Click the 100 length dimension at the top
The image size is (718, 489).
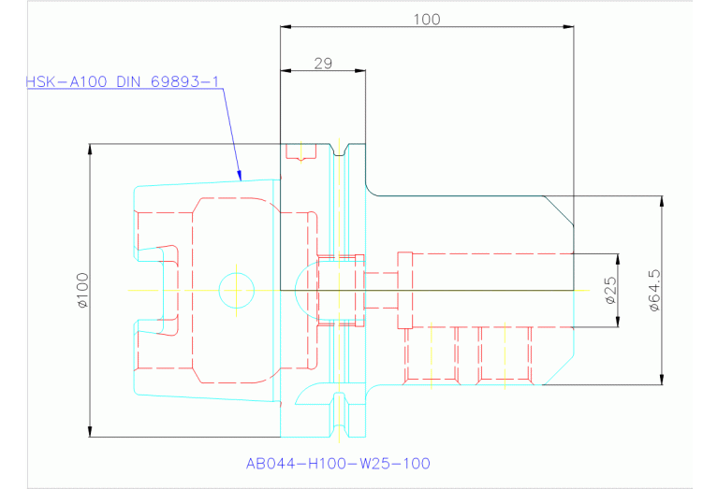click(426, 18)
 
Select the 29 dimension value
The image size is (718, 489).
click(323, 64)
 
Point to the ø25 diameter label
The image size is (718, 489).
click(608, 292)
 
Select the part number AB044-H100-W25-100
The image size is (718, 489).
click(338, 463)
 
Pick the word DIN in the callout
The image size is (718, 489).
click(130, 82)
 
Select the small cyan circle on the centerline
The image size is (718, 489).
click(237, 290)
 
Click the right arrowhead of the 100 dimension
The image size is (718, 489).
click(569, 27)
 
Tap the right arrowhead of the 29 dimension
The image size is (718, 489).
click(360, 72)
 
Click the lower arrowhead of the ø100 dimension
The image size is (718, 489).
click(90, 432)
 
